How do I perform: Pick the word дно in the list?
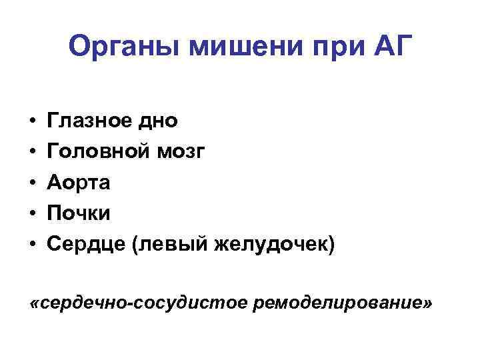(x=159, y=121)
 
